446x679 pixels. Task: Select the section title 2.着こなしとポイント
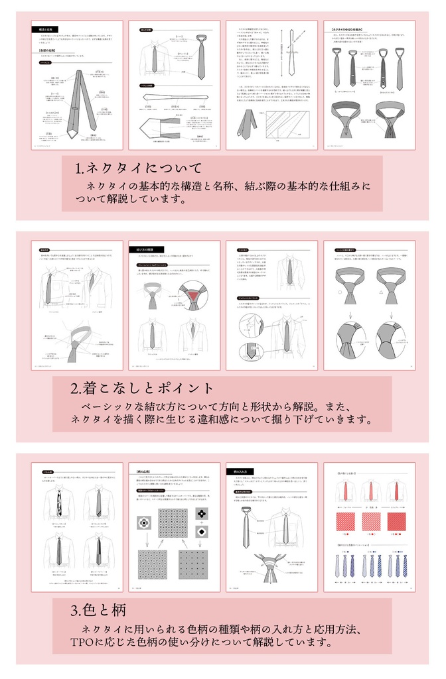tap(142, 388)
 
